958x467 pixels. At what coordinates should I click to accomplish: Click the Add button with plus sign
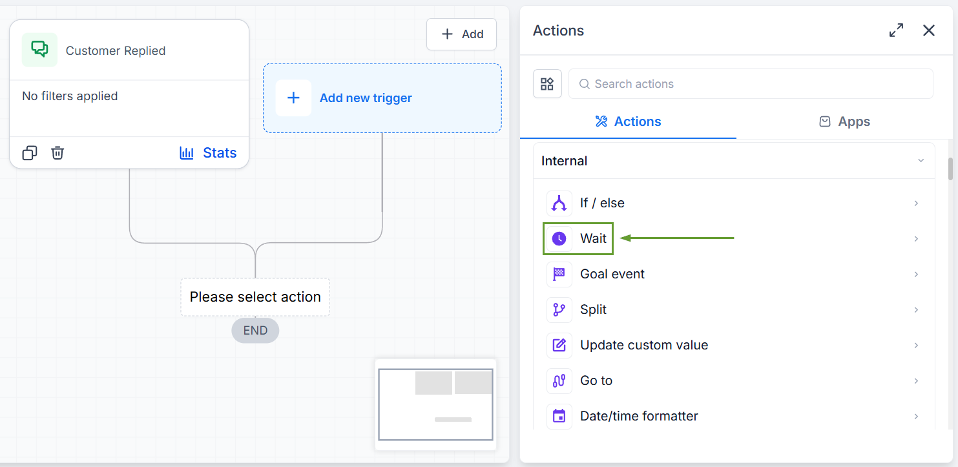point(461,34)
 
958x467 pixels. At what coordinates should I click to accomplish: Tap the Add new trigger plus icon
point(293,98)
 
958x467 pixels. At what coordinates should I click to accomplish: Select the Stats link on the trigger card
point(208,152)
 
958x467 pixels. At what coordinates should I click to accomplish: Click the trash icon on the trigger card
point(57,152)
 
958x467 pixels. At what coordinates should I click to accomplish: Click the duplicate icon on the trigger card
point(30,152)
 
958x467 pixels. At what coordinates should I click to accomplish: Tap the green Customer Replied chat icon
point(39,50)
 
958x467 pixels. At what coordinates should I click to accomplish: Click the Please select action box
point(255,296)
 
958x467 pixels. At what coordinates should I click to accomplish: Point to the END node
point(255,331)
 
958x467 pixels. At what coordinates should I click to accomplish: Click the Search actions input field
point(751,84)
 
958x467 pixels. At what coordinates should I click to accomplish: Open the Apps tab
point(844,121)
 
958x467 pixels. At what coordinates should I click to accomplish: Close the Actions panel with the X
point(929,30)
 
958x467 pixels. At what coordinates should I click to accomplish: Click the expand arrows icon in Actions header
point(896,30)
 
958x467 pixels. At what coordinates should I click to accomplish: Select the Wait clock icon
point(559,238)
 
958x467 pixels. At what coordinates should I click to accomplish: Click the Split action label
point(593,309)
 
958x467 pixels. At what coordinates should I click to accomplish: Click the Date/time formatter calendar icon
point(559,416)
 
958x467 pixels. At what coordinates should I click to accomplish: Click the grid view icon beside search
point(547,84)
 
